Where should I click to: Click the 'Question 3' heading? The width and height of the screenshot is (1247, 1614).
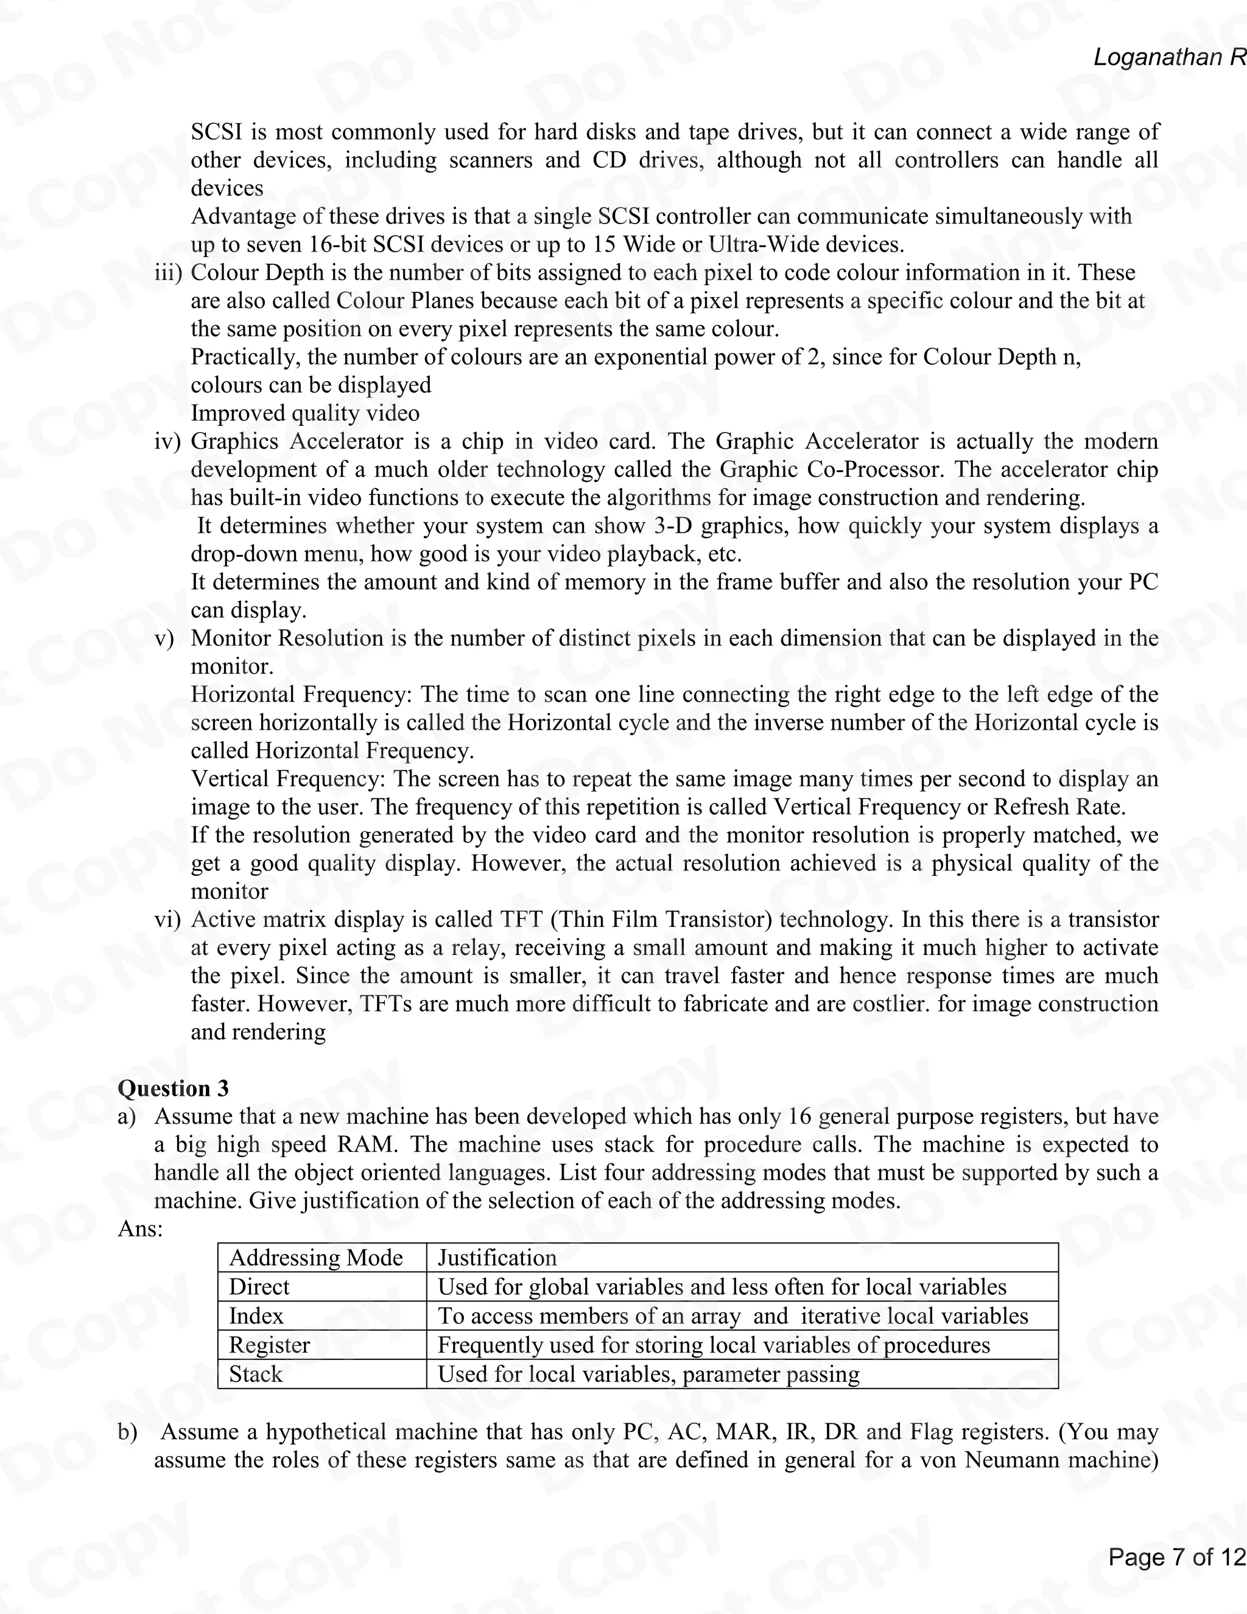point(173,1088)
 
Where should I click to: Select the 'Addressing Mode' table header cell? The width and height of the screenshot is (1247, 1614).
point(315,1257)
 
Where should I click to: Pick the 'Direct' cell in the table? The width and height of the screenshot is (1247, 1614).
point(259,1286)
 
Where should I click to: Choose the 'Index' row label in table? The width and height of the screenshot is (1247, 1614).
point(256,1316)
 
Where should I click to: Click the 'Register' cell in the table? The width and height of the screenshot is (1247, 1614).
point(269,1344)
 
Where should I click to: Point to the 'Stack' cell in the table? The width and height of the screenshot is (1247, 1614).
point(256,1374)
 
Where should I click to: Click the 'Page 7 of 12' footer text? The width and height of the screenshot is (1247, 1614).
point(1176,1557)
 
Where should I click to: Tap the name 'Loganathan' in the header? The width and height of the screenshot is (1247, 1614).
point(1158,57)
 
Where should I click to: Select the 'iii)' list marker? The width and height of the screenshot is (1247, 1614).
point(167,273)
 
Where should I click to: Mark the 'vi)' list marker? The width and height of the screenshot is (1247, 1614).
point(167,919)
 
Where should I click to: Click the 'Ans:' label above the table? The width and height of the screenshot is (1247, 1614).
point(139,1228)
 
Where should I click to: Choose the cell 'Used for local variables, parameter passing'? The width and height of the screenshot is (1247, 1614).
point(648,1374)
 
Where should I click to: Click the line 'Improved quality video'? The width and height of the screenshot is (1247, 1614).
point(304,413)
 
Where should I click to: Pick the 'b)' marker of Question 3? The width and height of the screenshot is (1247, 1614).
point(127,1431)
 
